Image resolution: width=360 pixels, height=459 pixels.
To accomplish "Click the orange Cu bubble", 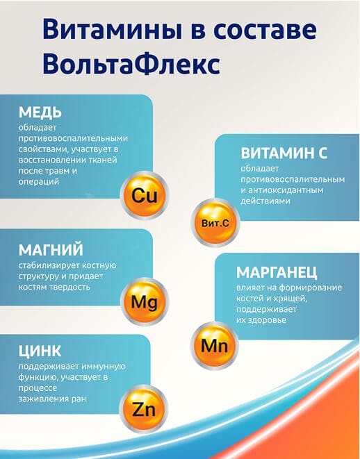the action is (x=144, y=195).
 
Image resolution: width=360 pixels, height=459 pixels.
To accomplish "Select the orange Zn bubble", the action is (x=144, y=409).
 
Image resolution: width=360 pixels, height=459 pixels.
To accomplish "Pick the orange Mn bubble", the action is (x=215, y=345).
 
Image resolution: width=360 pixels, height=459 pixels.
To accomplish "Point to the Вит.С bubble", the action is (x=215, y=222).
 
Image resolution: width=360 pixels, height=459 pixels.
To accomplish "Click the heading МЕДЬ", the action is (x=40, y=112).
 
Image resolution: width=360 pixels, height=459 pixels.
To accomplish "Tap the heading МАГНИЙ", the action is (x=51, y=250).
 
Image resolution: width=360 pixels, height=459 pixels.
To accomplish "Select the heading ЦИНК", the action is (x=40, y=351).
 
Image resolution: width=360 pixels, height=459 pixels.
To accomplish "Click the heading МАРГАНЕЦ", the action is (x=277, y=272).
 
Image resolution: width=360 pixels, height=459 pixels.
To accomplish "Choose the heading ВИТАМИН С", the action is (x=284, y=153).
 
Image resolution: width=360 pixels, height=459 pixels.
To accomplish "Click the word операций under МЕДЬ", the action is (x=39, y=182).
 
